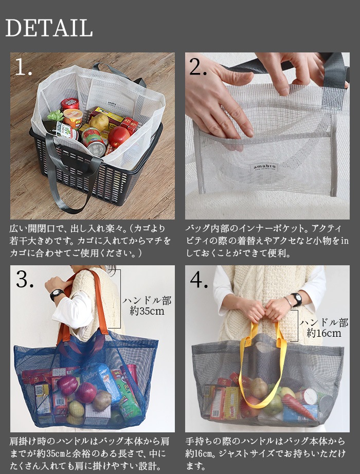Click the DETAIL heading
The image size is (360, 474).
(49, 28)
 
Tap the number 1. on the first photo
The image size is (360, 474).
(24, 67)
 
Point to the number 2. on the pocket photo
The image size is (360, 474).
(198, 67)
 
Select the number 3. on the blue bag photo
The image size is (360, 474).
(25, 279)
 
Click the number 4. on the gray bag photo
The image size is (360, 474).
(199, 279)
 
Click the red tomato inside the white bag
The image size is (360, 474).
(118, 137)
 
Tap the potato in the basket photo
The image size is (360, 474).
(99, 122)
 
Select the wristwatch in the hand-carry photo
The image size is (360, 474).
(296, 298)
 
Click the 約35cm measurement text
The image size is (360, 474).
(147, 312)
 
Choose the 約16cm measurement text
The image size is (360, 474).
(323, 333)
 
